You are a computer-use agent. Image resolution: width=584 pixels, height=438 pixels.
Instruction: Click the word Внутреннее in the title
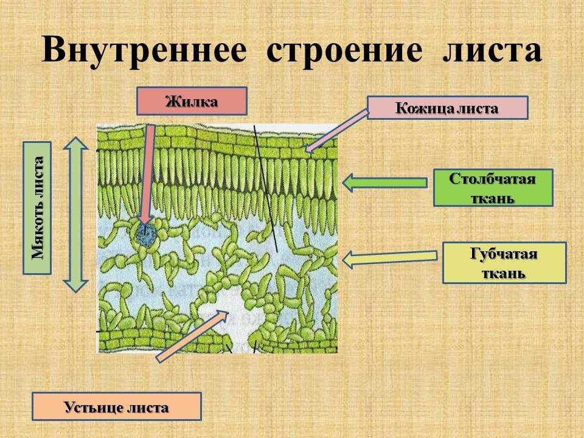(143, 50)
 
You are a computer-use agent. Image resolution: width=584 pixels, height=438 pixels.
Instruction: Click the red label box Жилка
(192, 101)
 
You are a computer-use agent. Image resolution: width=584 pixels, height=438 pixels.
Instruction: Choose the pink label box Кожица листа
(447, 108)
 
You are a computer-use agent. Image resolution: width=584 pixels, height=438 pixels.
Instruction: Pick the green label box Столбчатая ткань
(493, 188)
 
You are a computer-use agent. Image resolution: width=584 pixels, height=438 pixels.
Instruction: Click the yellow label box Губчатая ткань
(504, 263)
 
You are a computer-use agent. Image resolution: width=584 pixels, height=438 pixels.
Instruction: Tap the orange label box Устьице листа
(116, 406)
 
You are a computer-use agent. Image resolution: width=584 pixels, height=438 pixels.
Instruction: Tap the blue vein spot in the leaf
(145, 234)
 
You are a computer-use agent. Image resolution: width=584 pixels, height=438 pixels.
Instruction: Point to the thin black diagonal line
(266, 189)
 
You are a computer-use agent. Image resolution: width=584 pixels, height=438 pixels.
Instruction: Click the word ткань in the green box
(493, 198)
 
